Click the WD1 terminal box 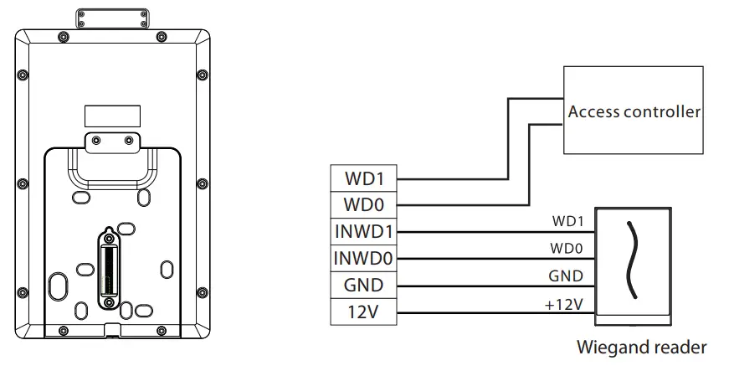point(365,178)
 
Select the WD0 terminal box point(365,204)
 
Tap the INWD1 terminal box point(365,231)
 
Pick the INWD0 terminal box point(365,258)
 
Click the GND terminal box point(365,285)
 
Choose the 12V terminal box point(365,312)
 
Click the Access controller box point(633,111)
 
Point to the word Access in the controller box point(590,111)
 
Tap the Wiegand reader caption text point(642,347)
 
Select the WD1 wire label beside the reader point(568,222)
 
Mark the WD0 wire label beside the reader point(568,249)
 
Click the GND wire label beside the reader point(567,276)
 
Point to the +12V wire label point(563,303)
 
